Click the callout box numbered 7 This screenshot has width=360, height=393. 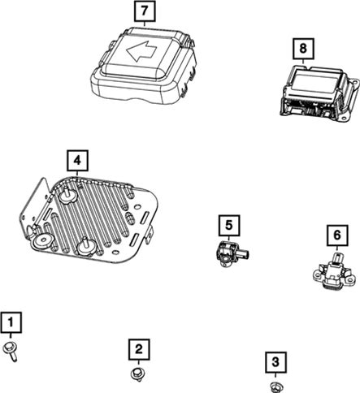coord(145,11)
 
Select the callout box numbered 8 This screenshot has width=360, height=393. coord(303,49)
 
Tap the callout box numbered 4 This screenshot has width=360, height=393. coord(77,161)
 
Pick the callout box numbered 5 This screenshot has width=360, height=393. coord(229,226)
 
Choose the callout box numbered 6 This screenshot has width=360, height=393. coord(337,235)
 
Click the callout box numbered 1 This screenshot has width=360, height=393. coord(11,322)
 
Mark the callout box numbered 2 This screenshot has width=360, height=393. coord(139,349)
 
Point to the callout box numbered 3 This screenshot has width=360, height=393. coord(275,362)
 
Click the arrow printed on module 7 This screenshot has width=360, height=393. coord(141,50)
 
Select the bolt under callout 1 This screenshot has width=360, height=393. coord(11,351)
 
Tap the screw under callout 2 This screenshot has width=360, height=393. coord(138,374)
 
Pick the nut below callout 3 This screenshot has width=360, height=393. coord(277,387)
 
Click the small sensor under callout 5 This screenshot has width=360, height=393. coord(232,253)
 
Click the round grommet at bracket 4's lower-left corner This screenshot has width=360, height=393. coord(43,240)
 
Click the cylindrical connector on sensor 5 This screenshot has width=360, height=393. coord(244,254)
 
